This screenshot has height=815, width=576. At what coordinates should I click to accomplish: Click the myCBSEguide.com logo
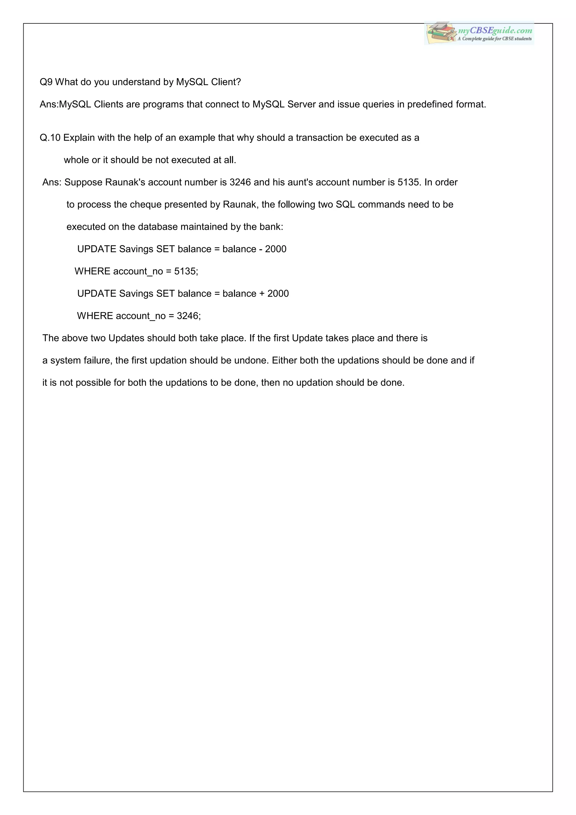click(479, 33)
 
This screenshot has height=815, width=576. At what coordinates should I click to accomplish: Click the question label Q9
click(46, 82)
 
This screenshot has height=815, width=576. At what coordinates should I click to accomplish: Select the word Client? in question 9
click(226, 82)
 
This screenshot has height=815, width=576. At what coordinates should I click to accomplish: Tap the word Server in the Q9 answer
click(301, 104)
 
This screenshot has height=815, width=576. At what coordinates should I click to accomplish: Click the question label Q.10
click(50, 138)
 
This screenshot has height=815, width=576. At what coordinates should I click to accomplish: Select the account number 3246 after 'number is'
click(240, 182)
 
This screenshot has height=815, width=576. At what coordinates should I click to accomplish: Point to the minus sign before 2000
click(261, 249)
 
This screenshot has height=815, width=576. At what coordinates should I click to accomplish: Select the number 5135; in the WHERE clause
click(186, 272)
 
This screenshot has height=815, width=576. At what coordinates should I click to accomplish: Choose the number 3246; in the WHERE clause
click(189, 316)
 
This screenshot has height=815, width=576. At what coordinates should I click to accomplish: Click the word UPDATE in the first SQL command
click(96, 249)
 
